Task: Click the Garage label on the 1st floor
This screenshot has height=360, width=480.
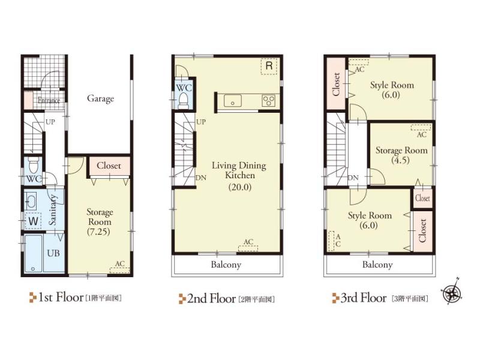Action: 100,98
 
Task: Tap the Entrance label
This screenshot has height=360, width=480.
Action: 49,101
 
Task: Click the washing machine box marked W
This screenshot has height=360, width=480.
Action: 33,221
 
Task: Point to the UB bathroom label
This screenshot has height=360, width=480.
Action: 53,253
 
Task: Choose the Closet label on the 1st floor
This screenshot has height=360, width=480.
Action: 108,166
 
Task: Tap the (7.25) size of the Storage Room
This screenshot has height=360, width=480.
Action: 97,231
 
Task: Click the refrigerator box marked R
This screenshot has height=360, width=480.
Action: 269,66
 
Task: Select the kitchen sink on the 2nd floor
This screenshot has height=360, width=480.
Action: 233,101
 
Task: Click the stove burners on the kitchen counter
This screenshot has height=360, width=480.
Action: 268,101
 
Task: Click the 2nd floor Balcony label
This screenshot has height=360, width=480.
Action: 226,264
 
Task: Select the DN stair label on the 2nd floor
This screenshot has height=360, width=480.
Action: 202,178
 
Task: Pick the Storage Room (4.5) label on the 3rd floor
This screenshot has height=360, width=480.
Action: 401,155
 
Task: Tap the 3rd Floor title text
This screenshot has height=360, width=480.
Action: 363,298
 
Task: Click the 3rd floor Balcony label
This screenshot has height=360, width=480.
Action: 377,264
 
